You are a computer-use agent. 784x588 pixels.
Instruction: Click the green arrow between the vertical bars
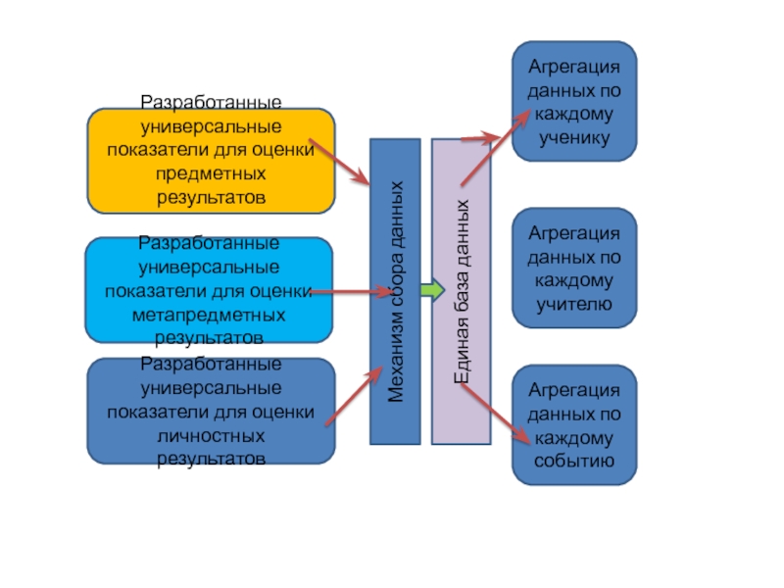(432, 290)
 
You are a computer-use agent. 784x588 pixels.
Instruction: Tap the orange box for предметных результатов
(211, 161)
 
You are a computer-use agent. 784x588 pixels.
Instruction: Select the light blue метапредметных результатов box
(208, 290)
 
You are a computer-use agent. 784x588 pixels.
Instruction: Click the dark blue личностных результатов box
(211, 412)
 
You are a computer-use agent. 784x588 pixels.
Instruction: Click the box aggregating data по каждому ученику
(573, 100)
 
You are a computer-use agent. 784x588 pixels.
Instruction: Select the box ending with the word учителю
(573, 268)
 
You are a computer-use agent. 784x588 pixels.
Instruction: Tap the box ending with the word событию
(573, 425)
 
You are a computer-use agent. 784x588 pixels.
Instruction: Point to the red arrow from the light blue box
(353, 291)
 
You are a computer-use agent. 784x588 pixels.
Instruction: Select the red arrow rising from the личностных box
(353, 396)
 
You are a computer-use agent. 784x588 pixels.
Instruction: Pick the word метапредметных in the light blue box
(208, 316)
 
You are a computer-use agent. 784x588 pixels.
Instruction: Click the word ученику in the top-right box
(574, 138)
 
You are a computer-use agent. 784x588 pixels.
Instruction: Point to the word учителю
(574, 305)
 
